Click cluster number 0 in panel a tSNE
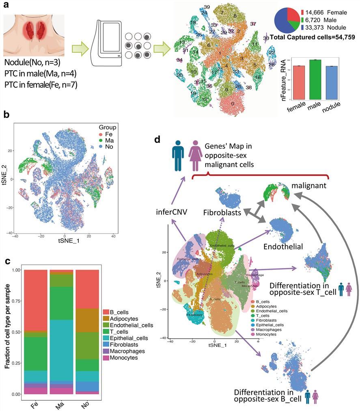click(232, 104)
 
